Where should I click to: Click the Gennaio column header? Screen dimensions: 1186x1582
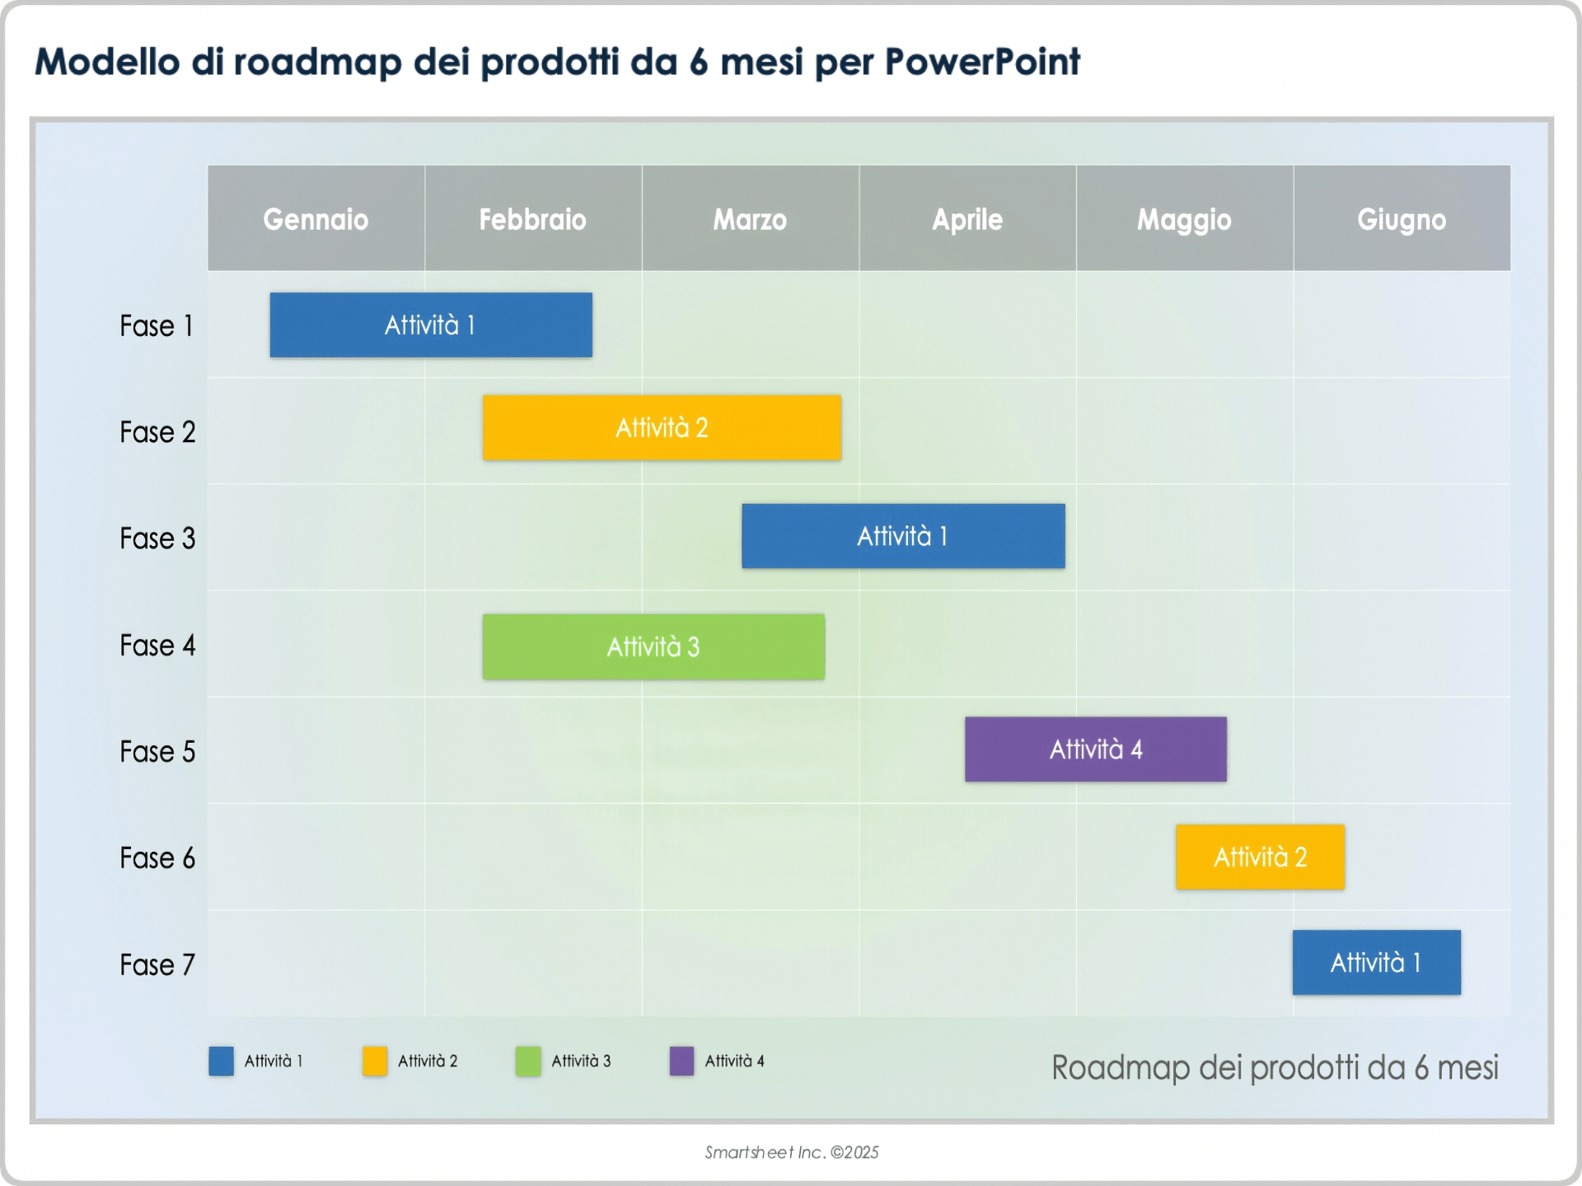[x=316, y=219]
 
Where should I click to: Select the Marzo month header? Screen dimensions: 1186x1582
[x=750, y=219]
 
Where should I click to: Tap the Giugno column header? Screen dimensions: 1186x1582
[x=1402, y=219]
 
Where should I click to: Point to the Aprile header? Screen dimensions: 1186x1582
[x=967, y=219]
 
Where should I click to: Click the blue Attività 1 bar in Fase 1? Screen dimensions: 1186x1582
[x=431, y=325]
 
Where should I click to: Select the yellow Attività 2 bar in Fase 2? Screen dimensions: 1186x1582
[x=662, y=427]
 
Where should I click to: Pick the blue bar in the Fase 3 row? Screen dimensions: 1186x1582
[x=903, y=536]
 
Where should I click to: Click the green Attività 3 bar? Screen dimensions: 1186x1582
[x=653, y=647]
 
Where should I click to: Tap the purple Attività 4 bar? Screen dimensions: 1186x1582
[x=1096, y=749]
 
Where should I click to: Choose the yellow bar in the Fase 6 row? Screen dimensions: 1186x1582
[x=1260, y=857]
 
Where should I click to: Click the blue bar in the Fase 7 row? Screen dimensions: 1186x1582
[x=1376, y=963]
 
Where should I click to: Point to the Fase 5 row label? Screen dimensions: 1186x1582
[x=157, y=752]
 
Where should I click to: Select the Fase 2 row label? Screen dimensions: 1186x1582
[x=157, y=432]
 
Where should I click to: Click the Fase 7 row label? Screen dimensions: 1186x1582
[x=157, y=964]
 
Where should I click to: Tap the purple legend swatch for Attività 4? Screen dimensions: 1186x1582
[x=681, y=1061]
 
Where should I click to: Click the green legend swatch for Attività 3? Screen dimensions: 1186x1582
[x=528, y=1061]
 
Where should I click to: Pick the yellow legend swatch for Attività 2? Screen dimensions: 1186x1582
[x=375, y=1061]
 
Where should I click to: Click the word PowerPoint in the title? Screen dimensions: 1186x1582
[x=982, y=62]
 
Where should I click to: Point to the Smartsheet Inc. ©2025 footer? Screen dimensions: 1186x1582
[x=792, y=1152]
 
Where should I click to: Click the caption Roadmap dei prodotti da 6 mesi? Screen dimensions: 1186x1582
[x=1275, y=1067]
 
